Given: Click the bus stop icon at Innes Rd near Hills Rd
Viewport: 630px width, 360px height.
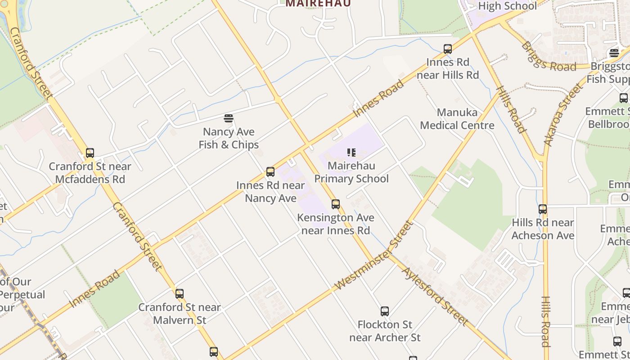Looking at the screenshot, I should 447,49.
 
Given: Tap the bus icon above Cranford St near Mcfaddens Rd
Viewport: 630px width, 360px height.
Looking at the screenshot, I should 90,153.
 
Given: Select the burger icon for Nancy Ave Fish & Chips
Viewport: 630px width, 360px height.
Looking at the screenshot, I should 229,118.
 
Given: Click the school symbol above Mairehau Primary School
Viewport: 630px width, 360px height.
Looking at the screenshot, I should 351,153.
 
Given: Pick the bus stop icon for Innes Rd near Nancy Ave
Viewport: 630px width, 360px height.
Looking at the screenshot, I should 270,172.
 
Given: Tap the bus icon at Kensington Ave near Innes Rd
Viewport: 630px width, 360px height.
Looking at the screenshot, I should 336,204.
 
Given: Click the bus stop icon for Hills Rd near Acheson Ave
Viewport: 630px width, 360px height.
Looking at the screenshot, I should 543,209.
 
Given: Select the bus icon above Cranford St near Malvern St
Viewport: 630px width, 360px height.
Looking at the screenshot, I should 180,294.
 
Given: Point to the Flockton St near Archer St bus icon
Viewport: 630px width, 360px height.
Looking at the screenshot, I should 385,311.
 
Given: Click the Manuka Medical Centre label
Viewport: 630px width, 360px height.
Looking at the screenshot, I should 457,119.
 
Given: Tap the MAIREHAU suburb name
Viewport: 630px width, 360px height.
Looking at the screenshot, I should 318,3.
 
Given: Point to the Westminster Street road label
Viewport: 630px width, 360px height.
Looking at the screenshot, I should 374,255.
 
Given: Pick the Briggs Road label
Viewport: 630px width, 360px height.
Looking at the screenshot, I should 548,57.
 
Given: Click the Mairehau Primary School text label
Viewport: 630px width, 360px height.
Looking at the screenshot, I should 351,172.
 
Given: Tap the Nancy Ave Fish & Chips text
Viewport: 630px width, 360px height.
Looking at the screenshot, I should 229,139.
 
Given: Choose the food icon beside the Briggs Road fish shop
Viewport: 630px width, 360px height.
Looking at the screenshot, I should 614,53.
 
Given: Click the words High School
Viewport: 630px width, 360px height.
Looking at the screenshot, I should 507,6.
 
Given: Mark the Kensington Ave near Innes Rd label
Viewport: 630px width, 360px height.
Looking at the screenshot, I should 336,224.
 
